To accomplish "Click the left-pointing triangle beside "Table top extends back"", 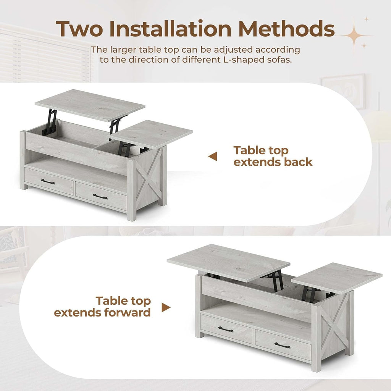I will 213,156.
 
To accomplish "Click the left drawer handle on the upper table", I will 48,182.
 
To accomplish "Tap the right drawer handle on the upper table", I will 100,197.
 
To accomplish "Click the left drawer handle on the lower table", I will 226,329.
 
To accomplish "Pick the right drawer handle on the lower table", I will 282,345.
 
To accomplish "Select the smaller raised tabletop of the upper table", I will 152,134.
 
